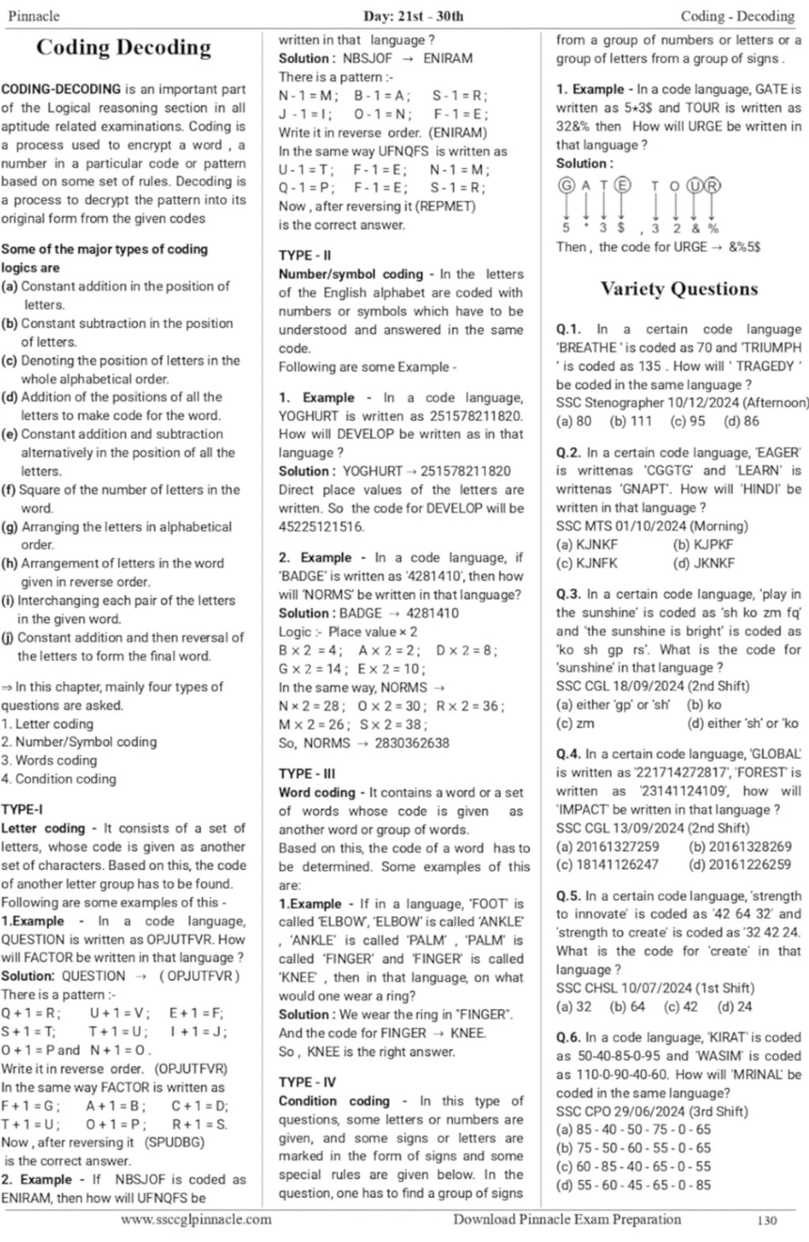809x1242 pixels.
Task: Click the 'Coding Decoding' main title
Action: (123, 47)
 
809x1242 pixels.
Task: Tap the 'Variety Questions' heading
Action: (679, 289)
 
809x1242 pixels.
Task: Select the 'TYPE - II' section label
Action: (305, 256)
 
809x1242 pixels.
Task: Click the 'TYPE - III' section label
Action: (307, 774)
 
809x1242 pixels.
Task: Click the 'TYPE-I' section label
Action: (22, 810)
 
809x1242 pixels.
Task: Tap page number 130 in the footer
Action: (767, 1220)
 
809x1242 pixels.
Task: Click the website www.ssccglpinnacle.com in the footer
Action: (196, 1220)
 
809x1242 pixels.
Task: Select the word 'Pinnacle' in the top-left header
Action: (34, 16)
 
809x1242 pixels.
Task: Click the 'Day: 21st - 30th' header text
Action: (413, 16)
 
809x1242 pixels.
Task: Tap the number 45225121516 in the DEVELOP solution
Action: (322, 527)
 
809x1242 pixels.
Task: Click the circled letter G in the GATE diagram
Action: (566, 185)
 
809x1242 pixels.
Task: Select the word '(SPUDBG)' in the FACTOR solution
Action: (175, 1143)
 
